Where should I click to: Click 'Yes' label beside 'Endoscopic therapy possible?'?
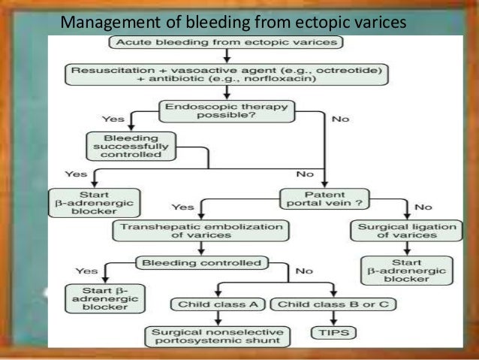tap(113, 119)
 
